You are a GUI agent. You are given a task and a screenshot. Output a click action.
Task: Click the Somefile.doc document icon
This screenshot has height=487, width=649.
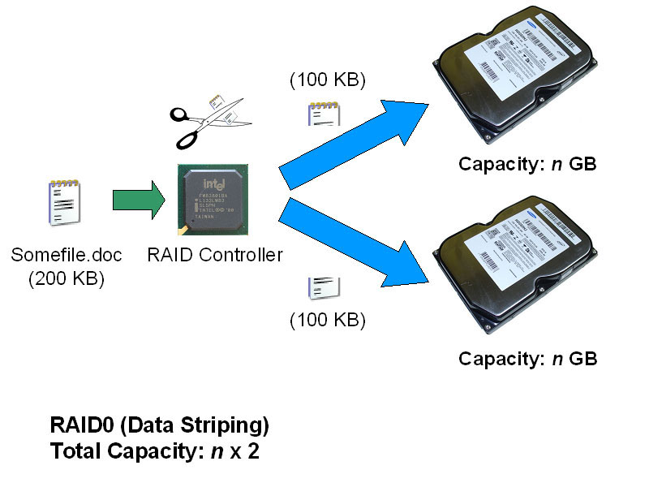coord(64,203)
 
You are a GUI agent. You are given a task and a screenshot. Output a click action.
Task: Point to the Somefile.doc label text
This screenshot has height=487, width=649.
coord(67,256)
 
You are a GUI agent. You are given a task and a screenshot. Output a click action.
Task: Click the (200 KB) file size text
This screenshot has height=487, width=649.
coord(67,278)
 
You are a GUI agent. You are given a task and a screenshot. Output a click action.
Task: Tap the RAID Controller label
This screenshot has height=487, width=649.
coord(215,255)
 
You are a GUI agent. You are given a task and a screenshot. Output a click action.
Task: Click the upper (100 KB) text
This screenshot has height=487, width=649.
coord(328,80)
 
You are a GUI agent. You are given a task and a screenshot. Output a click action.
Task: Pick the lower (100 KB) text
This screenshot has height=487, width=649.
coord(328,320)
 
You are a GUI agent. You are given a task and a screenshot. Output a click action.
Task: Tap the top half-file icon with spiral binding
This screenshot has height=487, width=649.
coord(323,114)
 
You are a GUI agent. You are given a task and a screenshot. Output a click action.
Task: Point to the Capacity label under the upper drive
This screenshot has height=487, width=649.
coord(527,164)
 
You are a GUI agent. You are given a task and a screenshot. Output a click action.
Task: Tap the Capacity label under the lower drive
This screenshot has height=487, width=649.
coord(527,358)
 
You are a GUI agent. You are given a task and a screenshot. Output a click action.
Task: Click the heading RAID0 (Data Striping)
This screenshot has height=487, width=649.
coord(159,425)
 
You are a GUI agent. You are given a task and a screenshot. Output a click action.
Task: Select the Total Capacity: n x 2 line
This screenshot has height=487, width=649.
coord(154,451)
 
